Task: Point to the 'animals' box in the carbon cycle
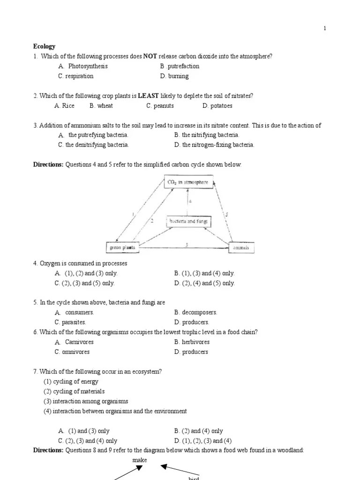tap(241, 247)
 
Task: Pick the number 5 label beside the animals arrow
tap(226, 214)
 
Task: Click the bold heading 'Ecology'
tap(44, 46)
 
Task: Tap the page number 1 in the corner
tap(324, 29)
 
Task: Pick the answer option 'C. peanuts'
tap(160, 105)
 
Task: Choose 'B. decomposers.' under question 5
tap(195, 312)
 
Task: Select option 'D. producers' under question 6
tap(191, 352)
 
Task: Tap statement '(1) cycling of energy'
tap(71, 382)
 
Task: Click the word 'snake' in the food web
tap(140, 460)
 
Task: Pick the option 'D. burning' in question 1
tap(174, 76)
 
